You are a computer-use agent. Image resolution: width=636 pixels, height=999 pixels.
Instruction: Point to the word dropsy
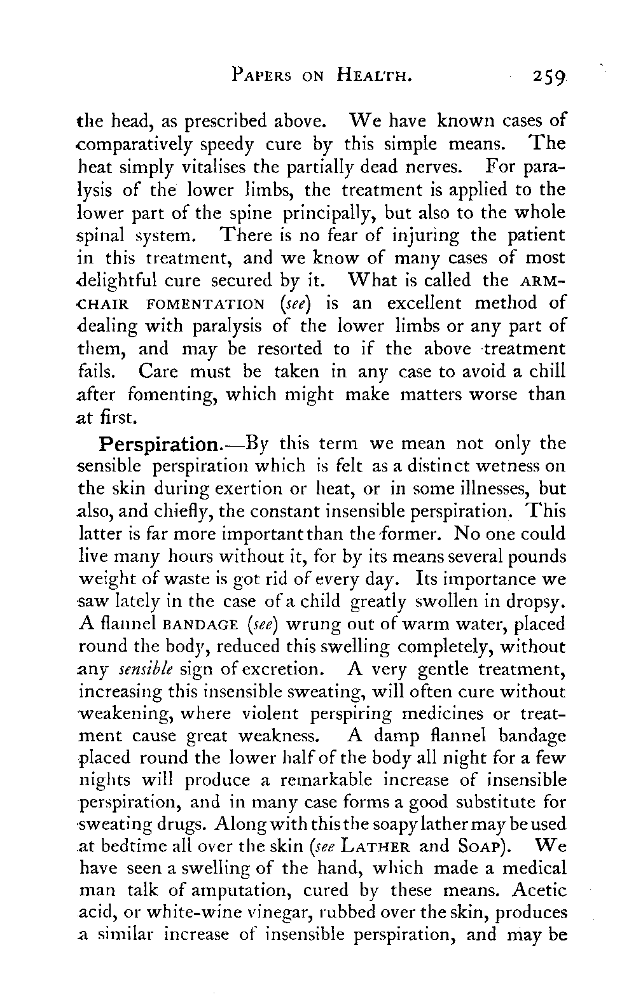pyautogui.click(x=531, y=602)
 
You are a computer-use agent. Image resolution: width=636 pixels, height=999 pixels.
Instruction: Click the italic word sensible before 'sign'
pyautogui.click(x=139, y=669)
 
